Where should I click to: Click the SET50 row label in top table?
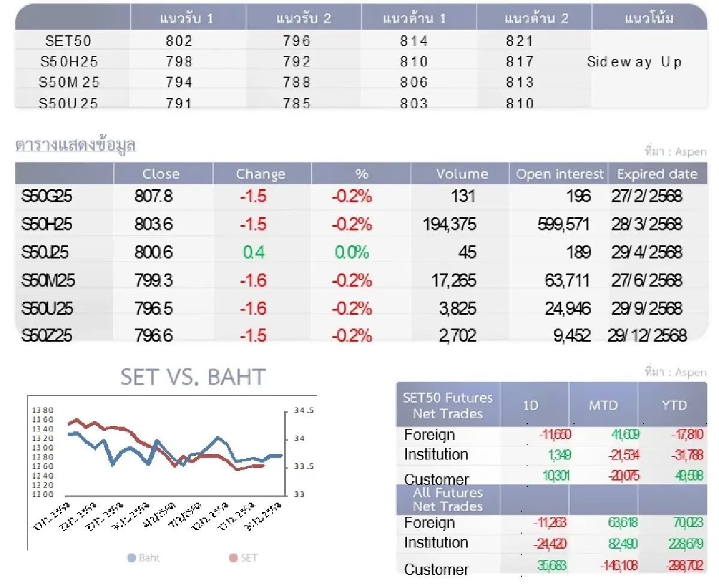(x=68, y=41)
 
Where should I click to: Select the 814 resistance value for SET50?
(x=414, y=41)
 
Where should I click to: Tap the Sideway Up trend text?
(x=634, y=62)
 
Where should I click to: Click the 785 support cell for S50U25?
(x=298, y=104)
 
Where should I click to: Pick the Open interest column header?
(x=560, y=174)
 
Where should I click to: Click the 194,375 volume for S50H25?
(x=449, y=224)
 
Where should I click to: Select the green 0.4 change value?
(x=253, y=252)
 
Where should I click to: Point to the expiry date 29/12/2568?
(x=647, y=335)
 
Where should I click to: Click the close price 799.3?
(x=153, y=280)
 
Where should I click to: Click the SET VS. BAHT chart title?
(x=192, y=377)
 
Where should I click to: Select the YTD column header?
(x=674, y=405)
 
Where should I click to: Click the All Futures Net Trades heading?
(x=448, y=500)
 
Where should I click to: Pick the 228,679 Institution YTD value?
(x=683, y=544)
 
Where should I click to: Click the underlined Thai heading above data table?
(x=75, y=145)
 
